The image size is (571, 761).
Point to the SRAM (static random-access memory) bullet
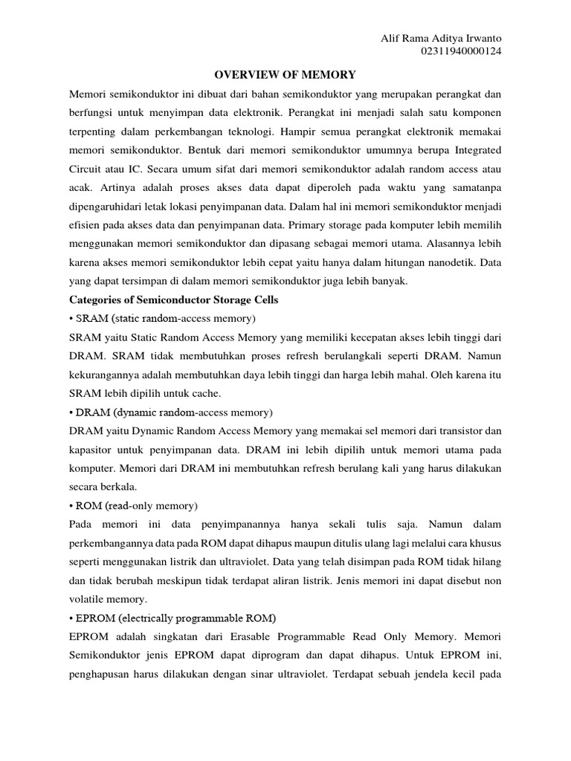coord(162,318)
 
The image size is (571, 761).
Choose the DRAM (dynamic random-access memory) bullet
coord(171,412)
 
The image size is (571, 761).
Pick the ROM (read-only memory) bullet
coord(133,505)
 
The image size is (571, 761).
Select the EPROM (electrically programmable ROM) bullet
coord(172,618)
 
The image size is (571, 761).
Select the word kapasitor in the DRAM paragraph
coord(91,450)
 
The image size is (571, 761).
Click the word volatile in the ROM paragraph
coord(88,599)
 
